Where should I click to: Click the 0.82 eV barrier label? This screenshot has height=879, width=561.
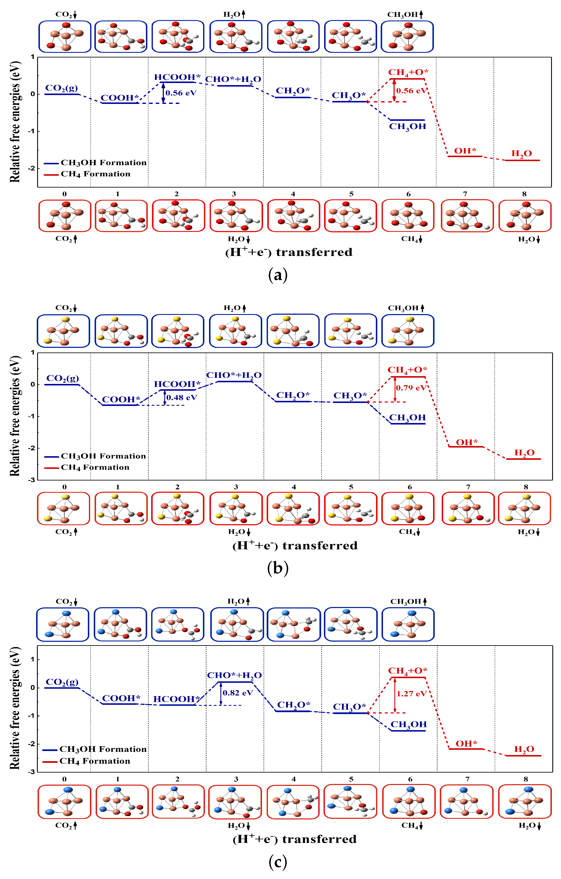pyautogui.click(x=238, y=693)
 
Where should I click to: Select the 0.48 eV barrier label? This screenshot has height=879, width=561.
pyautogui.click(x=181, y=397)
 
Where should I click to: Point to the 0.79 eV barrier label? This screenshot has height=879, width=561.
pyautogui.click(x=411, y=388)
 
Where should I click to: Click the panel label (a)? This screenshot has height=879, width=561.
pyautogui.click(x=278, y=275)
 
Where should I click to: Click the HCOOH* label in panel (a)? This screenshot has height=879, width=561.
pyautogui.click(x=177, y=77)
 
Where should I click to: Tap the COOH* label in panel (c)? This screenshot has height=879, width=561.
pyautogui.click(x=121, y=698)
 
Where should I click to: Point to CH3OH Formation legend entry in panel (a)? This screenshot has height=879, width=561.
pyautogui.click(x=103, y=163)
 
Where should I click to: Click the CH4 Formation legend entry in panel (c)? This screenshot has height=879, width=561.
pyautogui.click(x=95, y=761)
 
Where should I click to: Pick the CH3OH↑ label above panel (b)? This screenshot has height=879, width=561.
pyautogui.click(x=406, y=308)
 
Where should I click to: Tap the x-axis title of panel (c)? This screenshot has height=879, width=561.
pyautogui.click(x=295, y=839)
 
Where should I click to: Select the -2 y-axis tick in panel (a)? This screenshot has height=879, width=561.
pyautogui.click(x=33, y=168)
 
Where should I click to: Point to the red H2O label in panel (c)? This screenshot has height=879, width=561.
pyautogui.click(x=524, y=749)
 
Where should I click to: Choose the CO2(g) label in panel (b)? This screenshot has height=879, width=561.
pyautogui.click(x=62, y=378)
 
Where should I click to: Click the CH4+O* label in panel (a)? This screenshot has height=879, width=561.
pyautogui.click(x=408, y=72)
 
